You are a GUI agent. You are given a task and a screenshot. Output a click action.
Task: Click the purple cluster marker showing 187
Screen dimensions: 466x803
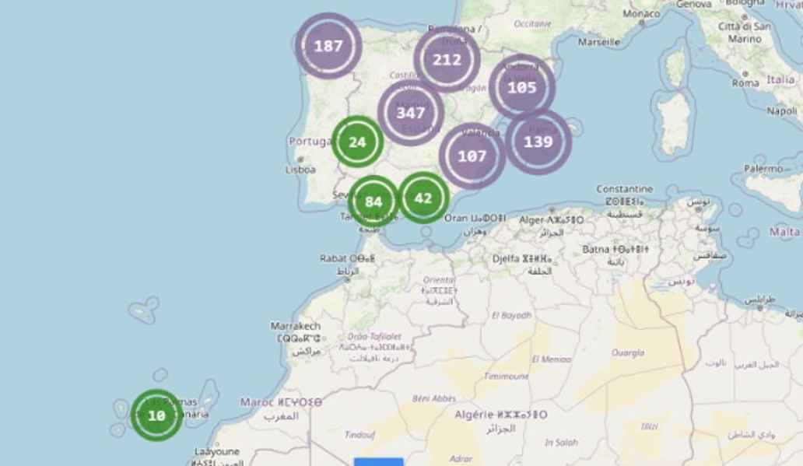pos(328,46)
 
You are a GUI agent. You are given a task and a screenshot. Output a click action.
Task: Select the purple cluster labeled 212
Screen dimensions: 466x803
pos(447,60)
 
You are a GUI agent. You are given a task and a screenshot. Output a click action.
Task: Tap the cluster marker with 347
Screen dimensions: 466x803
pos(411,113)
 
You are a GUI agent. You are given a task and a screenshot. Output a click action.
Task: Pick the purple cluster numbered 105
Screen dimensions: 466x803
pos(522,87)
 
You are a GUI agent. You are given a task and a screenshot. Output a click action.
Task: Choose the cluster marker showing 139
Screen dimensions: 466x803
pos(538,142)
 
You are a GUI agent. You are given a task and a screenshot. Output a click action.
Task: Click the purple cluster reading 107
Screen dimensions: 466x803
pos(472,156)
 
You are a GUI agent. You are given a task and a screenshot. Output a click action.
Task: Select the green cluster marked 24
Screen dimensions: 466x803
pos(357,142)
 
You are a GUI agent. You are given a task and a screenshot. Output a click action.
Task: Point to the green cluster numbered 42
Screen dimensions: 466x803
pos(423,198)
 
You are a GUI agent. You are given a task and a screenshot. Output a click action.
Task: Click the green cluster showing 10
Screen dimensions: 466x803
pos(156,415)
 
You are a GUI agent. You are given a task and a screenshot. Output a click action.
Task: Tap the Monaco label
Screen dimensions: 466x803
pos(641,15)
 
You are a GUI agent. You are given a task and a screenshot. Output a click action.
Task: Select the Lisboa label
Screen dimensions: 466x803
pos(300,169)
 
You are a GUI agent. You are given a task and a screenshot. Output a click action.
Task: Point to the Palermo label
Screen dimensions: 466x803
pos(763,168)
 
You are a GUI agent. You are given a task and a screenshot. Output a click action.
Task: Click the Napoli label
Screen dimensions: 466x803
pos(782,111)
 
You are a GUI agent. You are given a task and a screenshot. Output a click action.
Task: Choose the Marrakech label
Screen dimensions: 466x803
pos(296,325)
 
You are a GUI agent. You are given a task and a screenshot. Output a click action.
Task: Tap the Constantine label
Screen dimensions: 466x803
pos(625,189)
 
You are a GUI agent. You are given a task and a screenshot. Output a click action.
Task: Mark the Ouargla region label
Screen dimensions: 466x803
pos(628,352)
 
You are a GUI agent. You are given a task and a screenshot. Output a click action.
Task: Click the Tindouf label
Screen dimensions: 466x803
pos(360,435)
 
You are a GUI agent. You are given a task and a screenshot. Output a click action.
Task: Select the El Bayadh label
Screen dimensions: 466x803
pos(512,315)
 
